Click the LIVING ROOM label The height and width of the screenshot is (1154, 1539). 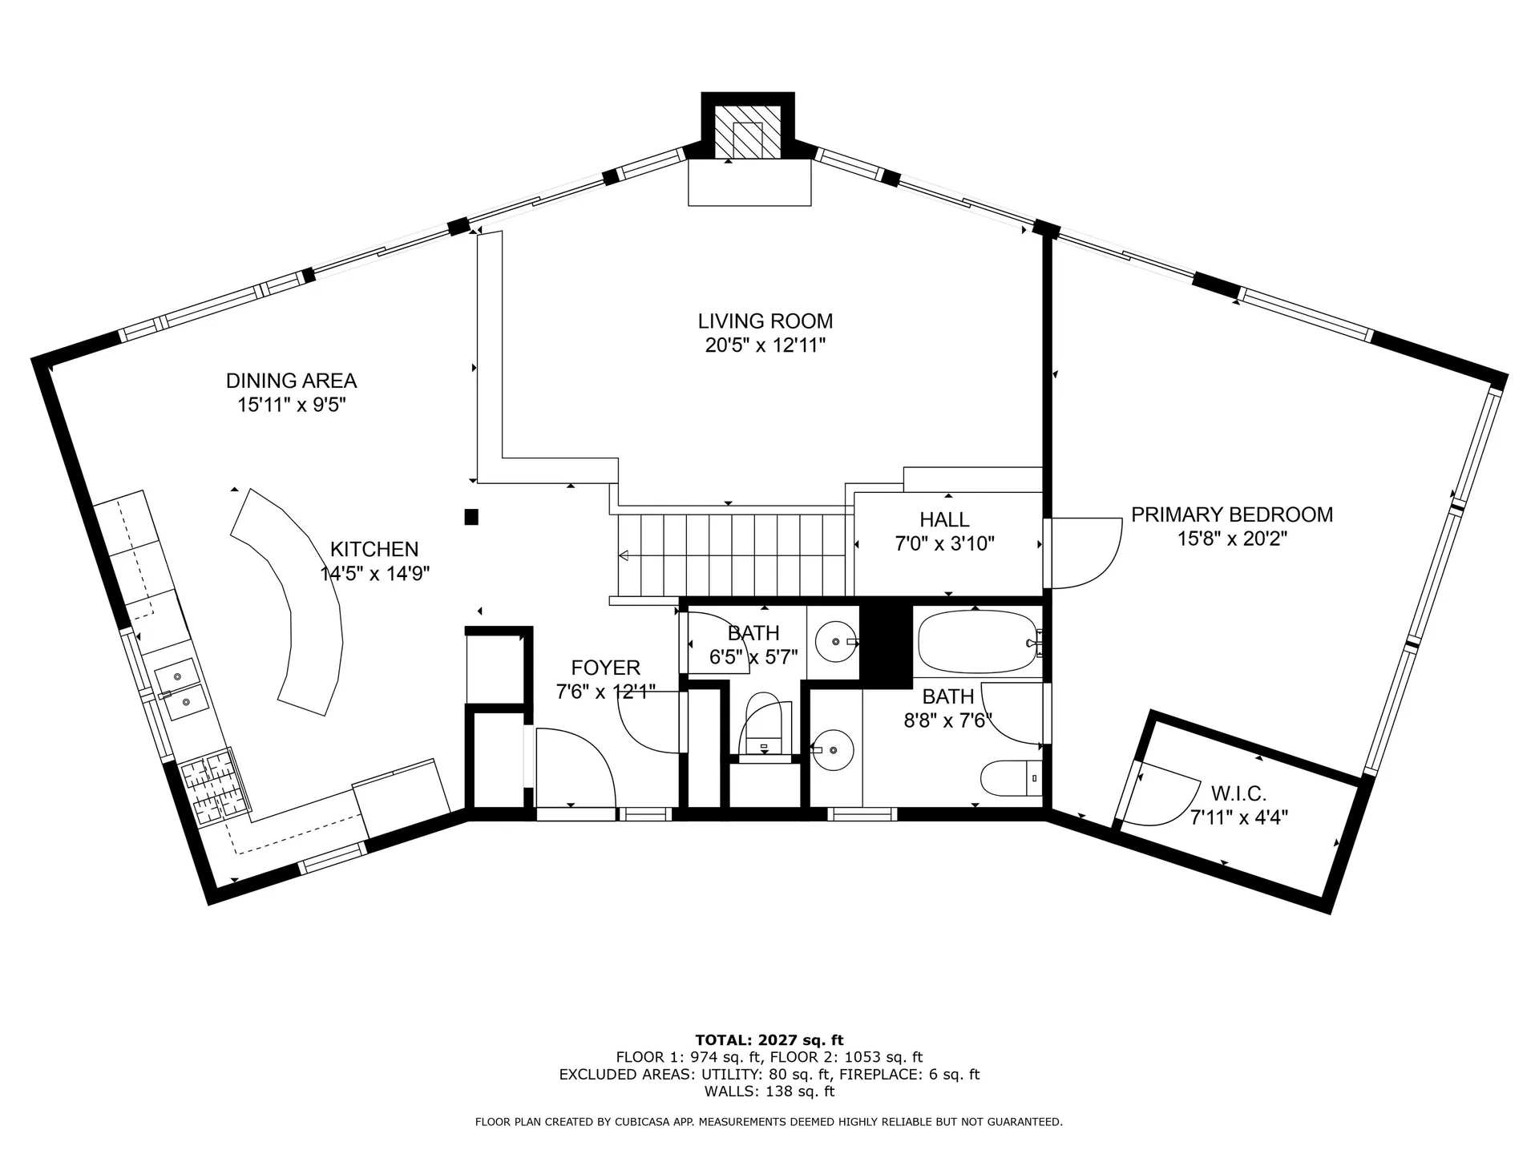[x=765, y=321]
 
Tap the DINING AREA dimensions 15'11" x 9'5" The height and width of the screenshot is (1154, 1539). [x=291, y=405]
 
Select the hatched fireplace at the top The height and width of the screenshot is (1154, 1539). [x=748, y=131]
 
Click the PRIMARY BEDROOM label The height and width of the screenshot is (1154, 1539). [x=1231, y=514]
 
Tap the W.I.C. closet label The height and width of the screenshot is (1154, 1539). [x=1238, y=794]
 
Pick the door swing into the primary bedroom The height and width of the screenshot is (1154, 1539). [x=1087, y=553]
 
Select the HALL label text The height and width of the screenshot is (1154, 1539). [x=944, y=519]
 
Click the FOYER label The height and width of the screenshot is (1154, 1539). [x=605, y=668]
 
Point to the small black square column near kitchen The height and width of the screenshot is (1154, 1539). [x=471, y=517]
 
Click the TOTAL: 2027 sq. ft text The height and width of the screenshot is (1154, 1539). [x=769, y=1040]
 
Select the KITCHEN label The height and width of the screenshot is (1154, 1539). [x=374, y=549]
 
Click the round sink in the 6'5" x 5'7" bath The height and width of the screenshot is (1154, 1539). [x=834, y=642]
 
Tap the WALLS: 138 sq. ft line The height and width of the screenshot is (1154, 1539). [x=769, y=1091]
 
